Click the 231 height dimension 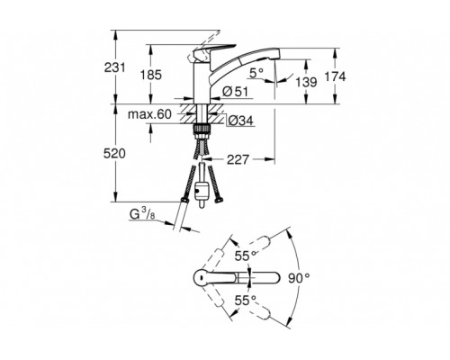pos(114,67)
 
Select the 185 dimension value pos(151,75)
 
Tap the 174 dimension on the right pos(335,76)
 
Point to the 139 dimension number pos(306,82)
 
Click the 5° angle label pos(256,73)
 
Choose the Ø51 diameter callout pos(236,92)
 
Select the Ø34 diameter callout pos(240,121)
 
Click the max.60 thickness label pos(149,114)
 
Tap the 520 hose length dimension pos(114,154)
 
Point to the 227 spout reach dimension pos(238,159)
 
